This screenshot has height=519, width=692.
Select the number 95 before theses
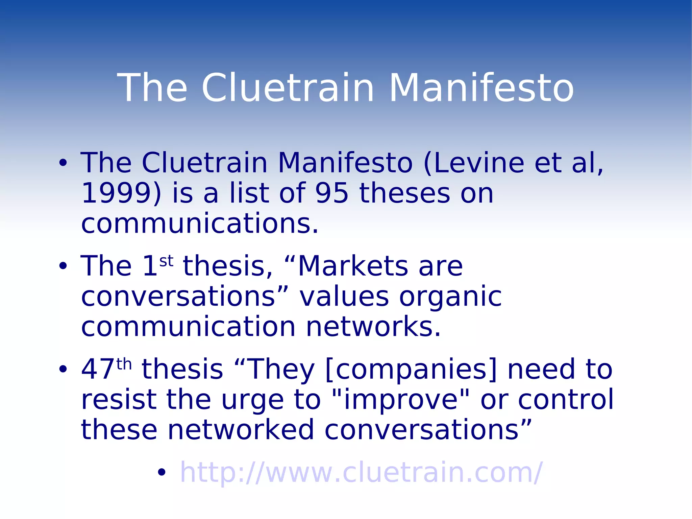point(331,193)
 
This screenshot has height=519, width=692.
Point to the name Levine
point(478,163)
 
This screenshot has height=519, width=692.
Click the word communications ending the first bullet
point(200,224)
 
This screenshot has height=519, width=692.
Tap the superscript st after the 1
point(166,261)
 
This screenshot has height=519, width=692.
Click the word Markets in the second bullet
point(353,266)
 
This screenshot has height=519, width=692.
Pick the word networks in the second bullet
point(373,327)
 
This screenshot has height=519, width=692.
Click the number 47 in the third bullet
point(98,369)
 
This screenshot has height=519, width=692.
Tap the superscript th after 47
point(124,364)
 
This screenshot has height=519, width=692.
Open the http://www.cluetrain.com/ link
point(361,472)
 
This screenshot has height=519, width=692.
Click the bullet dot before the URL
point(162,472)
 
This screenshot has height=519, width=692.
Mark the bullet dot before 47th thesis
point(63,369)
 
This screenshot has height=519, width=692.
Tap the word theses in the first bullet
point(404,193)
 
